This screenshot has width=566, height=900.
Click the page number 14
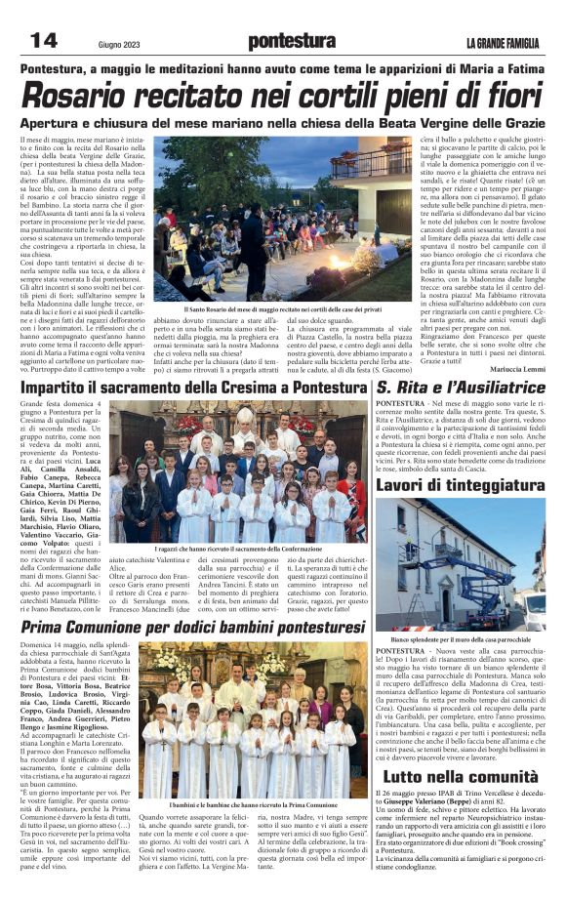[42, 40]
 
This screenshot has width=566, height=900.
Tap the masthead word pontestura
[291, 41]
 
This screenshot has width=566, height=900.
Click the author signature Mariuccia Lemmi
[519, 369]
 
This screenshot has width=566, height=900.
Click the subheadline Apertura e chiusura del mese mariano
[283, 126]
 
